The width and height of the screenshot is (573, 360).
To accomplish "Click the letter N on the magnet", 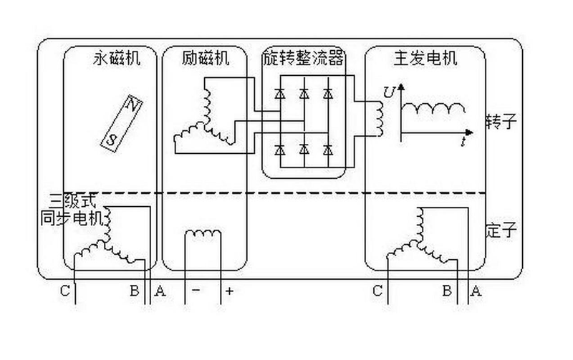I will pyautogui.click(x=131, y=106).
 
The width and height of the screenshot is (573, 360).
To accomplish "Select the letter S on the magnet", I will pyautogui.click(x=112, y=139).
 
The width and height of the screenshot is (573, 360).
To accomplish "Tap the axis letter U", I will pyautogui.click(x=389, y=91).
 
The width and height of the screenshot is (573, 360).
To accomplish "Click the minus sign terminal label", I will pyautogui.click(x=196, y=291).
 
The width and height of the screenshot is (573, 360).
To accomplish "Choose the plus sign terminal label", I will pyautogui.click(x=229, y=291).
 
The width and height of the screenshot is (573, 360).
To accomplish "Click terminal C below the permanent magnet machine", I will pyautogui.click(x=65, y=291).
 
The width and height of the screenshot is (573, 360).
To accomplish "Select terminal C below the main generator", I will pyautogui.click(x=377, y=291).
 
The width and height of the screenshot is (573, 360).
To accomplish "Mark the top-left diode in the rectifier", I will pyautogui.click(x=281, y=93).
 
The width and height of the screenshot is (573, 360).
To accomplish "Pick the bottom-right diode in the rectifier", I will pyautogui.click(x=328, y=149).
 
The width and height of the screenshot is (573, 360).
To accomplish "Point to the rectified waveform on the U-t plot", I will pyautogui.click(x=433, y=109).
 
